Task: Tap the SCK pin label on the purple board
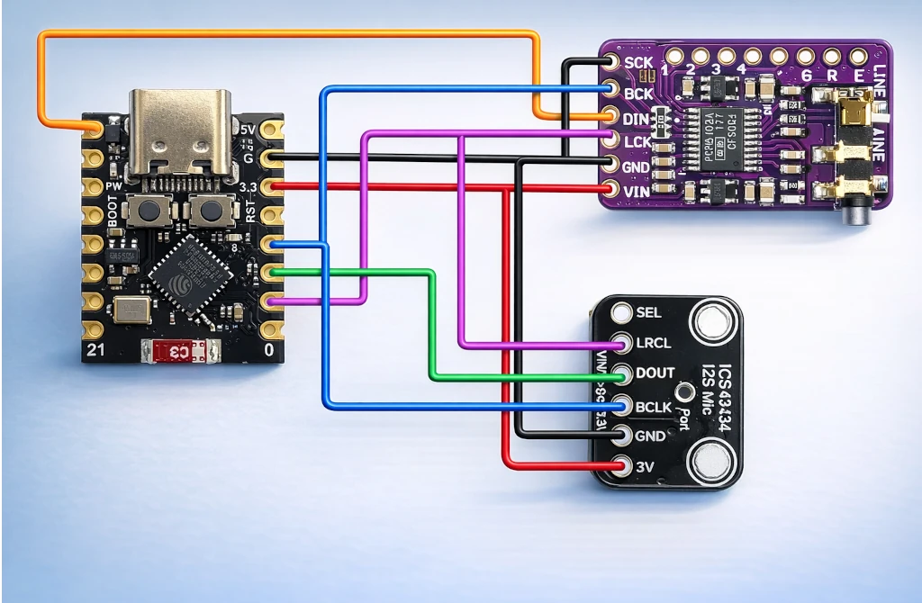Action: click(638, 63)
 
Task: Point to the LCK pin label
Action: click(637, 140)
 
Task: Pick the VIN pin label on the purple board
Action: click(637, 190)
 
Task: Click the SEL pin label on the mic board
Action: click(648, 312)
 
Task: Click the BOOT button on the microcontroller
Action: click(144, 212)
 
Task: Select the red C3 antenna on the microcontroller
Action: click(181, 351)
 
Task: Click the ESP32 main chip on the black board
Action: click(190, 275)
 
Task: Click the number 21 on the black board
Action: click(95, 347)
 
